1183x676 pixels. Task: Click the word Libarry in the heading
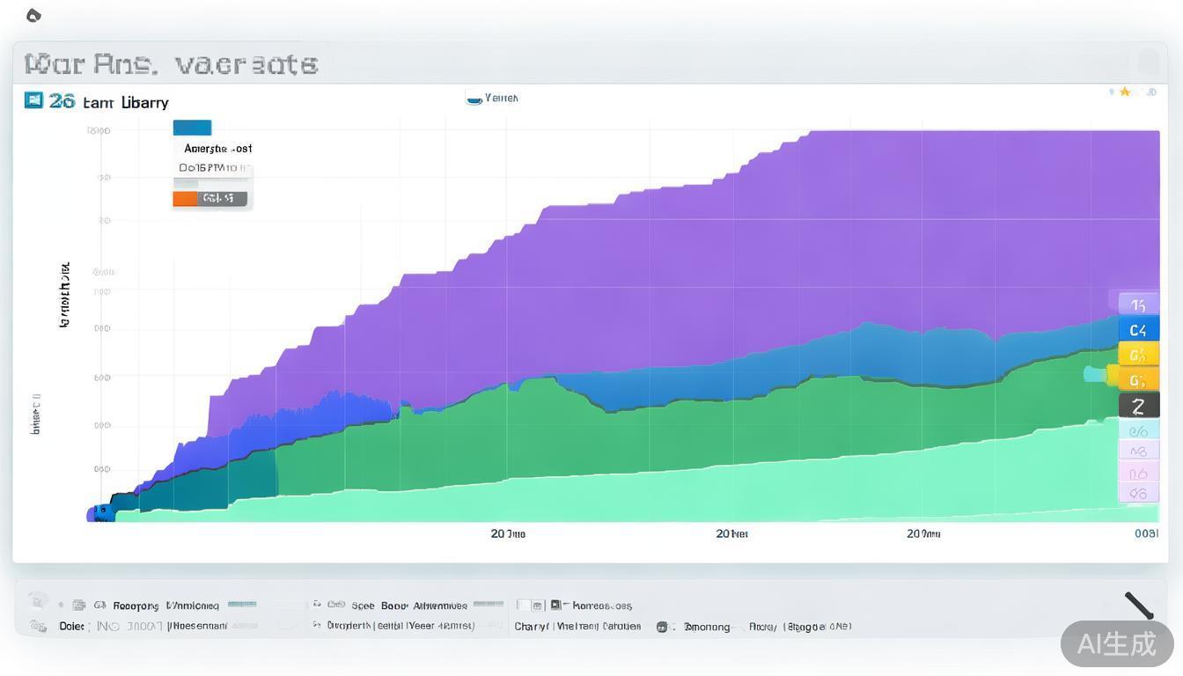tap(145, 102)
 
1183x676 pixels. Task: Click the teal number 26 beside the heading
tap(62, 101)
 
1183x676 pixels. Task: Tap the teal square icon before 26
tap(33, 100)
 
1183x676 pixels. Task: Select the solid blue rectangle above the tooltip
tap(192, 128)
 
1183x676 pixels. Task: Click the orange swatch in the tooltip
tap(185, 199)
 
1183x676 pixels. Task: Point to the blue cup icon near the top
tap(474, 99)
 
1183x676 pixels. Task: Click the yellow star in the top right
tap(1125, 92)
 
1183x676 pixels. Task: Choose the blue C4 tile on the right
tap(1138, 330)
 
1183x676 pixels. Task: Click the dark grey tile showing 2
tap(1138, 406)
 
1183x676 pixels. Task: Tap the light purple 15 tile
tap(1138, 305)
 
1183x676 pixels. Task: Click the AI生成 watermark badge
tap(1116, 643)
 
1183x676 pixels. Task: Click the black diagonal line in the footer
tap(1139, 606)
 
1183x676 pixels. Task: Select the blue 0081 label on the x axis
tap(1146, 533)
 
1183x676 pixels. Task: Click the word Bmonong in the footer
tap(707, 627)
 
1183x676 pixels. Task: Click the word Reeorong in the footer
tap(136, 606)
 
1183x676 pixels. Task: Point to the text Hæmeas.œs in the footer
tap(602, 606)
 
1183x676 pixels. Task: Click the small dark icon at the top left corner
tap(33, 15)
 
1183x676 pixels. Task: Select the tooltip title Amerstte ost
tap(217, 149)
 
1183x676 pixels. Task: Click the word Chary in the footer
tap(531, 627)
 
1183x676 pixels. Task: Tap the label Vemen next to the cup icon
tap(502, 98)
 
